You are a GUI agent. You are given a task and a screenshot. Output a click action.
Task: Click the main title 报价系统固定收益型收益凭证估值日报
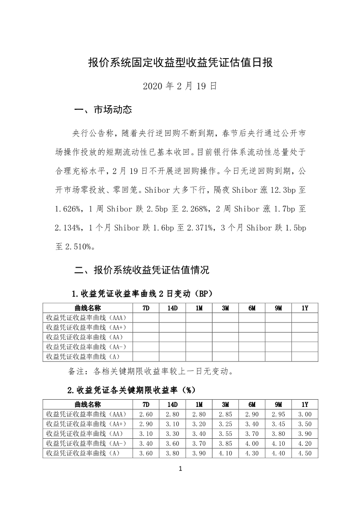click(180, 63)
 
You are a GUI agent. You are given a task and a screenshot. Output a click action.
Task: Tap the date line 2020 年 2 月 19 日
click(180, 86)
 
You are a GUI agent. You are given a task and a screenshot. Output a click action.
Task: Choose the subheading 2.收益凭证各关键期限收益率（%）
click(132, 389)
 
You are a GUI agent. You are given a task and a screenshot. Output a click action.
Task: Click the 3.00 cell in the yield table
click(305, 414)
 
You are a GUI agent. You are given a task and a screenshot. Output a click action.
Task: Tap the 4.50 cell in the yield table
click(305, 453)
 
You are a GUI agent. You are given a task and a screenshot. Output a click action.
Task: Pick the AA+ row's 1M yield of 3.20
click(199, 424)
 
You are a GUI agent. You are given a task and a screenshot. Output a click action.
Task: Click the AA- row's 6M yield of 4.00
click(252, 443)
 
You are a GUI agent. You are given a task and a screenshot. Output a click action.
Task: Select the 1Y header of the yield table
click(305, 404)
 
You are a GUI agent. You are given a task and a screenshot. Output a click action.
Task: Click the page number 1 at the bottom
click(180, 469)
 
